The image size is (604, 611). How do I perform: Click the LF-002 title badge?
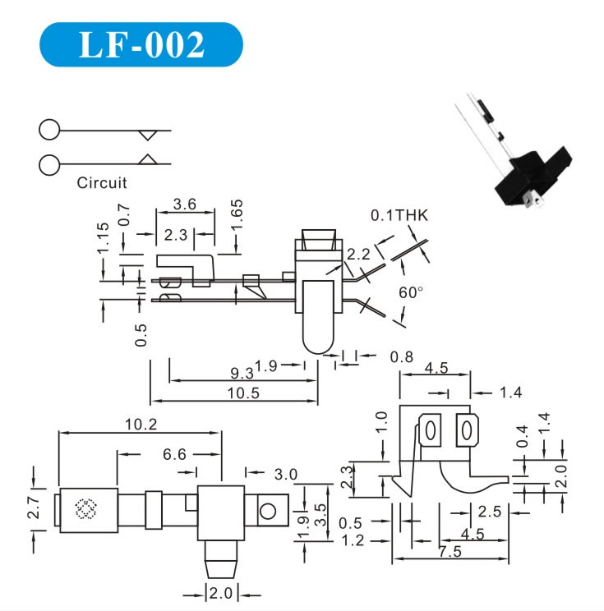tap(141, 44)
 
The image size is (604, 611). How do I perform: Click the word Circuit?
tap(102, 183)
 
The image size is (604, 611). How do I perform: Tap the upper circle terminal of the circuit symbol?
tap(49, 130)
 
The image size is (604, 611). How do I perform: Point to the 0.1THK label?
tap(400, 215)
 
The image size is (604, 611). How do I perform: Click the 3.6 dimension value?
tap(185, 203)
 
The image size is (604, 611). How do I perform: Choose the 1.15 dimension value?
tap(103, 238)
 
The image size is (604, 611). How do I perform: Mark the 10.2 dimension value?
tap(141, 424)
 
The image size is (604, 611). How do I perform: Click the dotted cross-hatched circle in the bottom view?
tap(85, 510)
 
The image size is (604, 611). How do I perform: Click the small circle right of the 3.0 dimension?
tap(268, 512)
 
